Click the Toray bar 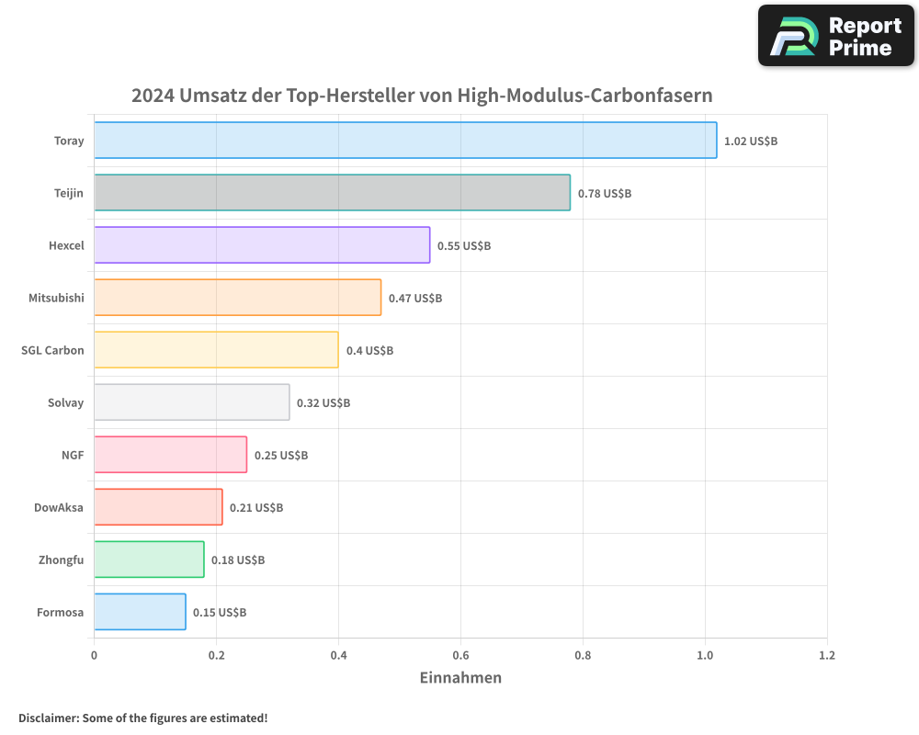[x=405, y=140]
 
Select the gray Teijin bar [x=332, y=192]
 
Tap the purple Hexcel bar [x=262, y=244]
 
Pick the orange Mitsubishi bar [x=237, y=297]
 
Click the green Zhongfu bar [x=149, y=559]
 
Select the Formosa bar [x=140, y=611]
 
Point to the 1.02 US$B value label [x=751, y=141]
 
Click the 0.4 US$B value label [x=369, y=350]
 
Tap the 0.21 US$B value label [x=256, y=507]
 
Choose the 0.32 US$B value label [x=323, y=402]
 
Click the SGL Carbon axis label [x=52, y=350]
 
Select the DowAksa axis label [x=59, y=507]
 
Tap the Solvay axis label [x=65, y=402]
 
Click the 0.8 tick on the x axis [x=583, y=655]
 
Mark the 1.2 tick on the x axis [x=827, y=655]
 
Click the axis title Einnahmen [x=460, y=678]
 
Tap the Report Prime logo [x=836, y=36]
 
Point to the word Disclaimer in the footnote [x=48, y=718]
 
